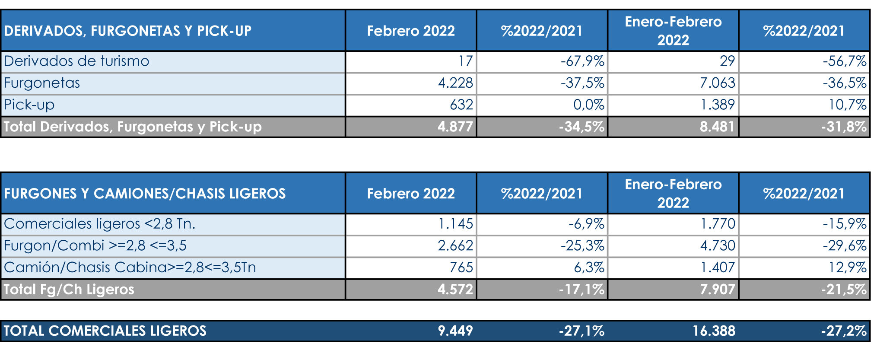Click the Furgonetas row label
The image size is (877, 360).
pos(42,83)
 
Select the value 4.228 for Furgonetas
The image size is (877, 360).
pos(455,83)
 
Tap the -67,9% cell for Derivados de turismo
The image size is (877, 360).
pos(582,61)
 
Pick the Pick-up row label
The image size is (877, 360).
pos(29,105)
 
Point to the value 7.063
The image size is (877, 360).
pos(717,83)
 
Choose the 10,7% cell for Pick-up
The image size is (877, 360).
pos(847,105)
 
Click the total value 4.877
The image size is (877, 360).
pos(455,127)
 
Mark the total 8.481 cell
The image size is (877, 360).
pos(717,127)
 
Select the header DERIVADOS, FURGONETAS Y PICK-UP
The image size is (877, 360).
pos(127,31)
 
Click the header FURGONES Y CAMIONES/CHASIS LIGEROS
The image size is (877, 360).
pos(145,193)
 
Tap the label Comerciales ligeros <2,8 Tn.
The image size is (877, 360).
pos(99,224)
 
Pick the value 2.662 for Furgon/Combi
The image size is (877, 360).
pos(455,245)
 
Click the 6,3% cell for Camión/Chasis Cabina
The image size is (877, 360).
pos(589,268)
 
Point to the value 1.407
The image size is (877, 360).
pos(717,268)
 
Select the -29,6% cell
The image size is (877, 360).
pos(844,245)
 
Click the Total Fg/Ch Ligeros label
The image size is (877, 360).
pos(69,289)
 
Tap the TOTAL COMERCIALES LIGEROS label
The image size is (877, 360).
pos(105,331)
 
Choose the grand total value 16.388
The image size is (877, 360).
pos(714,331)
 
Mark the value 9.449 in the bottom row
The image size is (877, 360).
pos(455,331)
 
